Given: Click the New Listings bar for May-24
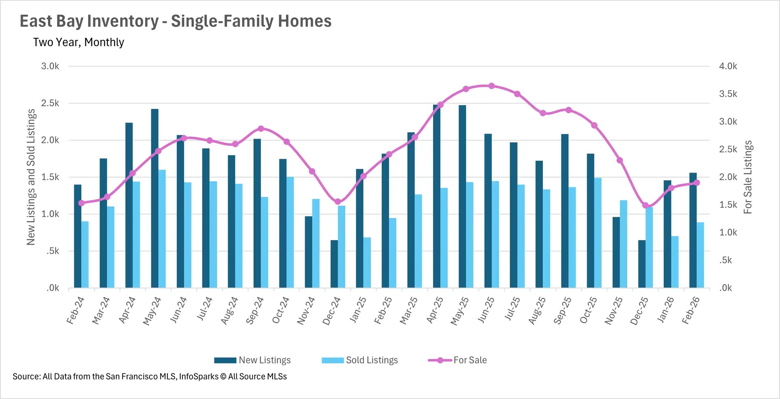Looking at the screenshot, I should [x=154, y=199].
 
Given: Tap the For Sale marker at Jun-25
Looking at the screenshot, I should [x=492, y=86].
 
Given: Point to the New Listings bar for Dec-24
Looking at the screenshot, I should [x=334, y=264].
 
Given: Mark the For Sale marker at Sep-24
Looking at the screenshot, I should [x=261, y=129].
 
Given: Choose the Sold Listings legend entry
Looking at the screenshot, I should [x=360, y=360].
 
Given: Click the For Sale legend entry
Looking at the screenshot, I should [x=457, y=360].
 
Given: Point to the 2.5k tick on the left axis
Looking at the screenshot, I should [x=50, y=103].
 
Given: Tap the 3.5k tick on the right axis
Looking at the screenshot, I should [x=728, y=94].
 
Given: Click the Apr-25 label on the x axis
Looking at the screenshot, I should [x=435, y=310].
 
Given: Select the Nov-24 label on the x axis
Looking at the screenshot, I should [x=306, y=311].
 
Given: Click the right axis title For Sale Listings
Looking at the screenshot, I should [x=747, y=177].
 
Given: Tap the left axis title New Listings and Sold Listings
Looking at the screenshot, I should [x=31, y=177].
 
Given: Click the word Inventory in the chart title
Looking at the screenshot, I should [x=124, y=21].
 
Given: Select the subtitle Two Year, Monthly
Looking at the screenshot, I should [x=78, y=42].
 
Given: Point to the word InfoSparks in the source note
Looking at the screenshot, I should [x=199, y=376].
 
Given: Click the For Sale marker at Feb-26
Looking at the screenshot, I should [x=697, y=183].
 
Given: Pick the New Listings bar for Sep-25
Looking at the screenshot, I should [x=565, y=211].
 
